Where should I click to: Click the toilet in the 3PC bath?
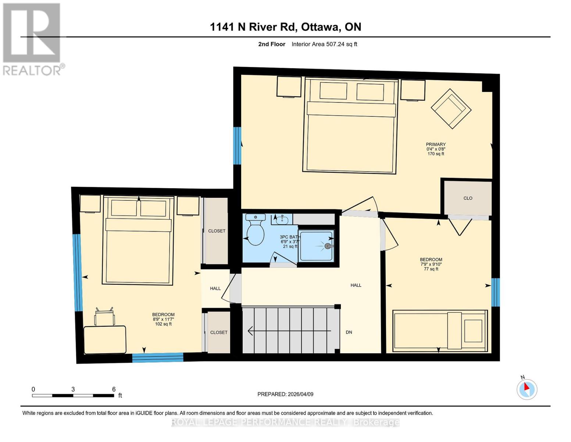click(x=255, y=231)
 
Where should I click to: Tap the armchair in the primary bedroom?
click(x=451, y=109)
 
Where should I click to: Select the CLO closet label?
click(x=468, y=198)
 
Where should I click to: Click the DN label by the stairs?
click(x=349, y=332)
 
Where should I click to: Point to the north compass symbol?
click(x=527, y=389)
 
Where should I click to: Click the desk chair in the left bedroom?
click(x=104, y=316)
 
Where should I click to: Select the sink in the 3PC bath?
click(x=282, y=220)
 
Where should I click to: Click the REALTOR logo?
click(x=32, y=39)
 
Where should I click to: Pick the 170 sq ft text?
click(x=436, y=154)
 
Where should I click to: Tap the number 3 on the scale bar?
click(x=73, y=389)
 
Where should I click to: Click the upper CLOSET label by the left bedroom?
click(x=217, y=231)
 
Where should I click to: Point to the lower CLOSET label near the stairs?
click(x=219, y=332)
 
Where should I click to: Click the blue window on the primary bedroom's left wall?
click(x=238, y=145)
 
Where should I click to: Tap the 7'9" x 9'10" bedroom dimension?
click(x=431, y=264)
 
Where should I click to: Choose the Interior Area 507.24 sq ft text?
click(x=324, y=44)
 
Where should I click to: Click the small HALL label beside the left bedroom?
click(x=215, y=288)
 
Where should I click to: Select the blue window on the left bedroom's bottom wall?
click(x=158, y=357)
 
